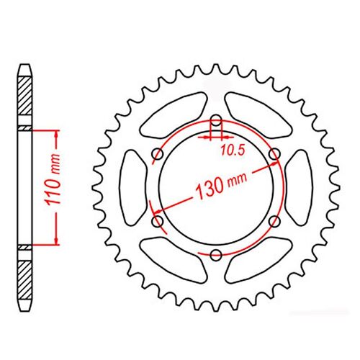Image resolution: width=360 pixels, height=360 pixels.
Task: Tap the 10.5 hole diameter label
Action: pos(229,152)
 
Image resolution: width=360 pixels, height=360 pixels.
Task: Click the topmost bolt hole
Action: pos(215,120)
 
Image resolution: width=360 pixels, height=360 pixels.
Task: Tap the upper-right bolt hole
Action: pos(274,154)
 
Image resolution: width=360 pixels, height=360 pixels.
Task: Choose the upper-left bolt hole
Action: pos(156,154)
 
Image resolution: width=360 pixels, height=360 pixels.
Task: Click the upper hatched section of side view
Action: pos(25,101)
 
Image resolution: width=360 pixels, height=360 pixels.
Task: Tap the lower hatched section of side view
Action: pos(25,277)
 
